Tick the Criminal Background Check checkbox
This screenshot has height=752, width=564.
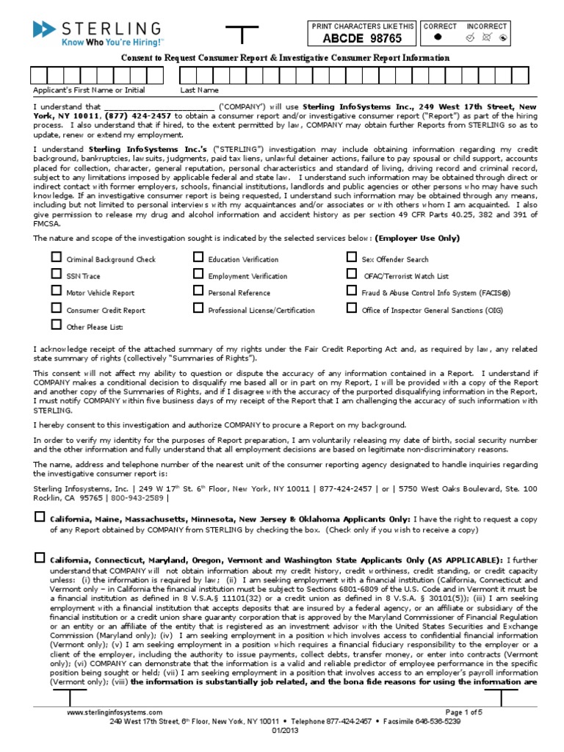tap(56, 258)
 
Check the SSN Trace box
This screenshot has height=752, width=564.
tap(56, 275)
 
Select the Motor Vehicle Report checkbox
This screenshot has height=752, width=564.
tap(56, 292)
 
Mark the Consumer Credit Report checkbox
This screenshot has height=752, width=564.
tap(56, 308)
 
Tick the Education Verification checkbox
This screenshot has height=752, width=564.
tap(198, 258)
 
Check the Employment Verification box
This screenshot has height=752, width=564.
tap(198, 275)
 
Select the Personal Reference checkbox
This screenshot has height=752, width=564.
tap(198, 292)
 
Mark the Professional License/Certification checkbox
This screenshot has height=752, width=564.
tap(198, 308)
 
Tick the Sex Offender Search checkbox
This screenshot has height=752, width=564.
tap(352, 258)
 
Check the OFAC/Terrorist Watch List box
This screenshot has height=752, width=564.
tap(352, 275)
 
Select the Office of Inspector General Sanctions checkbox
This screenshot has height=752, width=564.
tap(352, 308)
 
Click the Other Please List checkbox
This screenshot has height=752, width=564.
tap(56, 325)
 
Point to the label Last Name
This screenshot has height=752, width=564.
tap(200, 90)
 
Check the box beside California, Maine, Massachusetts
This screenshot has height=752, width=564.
tap(40, 517)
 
